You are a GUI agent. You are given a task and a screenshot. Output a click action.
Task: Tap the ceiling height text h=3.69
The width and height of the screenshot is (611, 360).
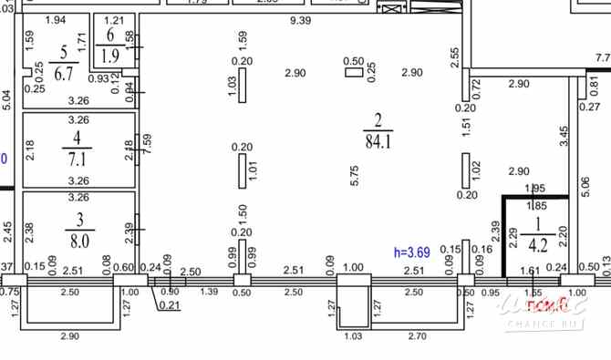(x=411, y=252)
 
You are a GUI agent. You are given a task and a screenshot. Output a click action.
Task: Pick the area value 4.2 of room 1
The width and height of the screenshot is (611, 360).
(x=538, y=243)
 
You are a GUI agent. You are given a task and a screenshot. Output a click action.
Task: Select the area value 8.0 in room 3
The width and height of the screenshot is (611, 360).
(x=78, y=242)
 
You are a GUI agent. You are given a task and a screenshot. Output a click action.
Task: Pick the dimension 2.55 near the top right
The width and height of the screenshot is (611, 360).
(x=454, y=59)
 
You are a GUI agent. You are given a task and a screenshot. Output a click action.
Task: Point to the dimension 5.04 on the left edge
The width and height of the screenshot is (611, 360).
(x=6, y=98)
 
